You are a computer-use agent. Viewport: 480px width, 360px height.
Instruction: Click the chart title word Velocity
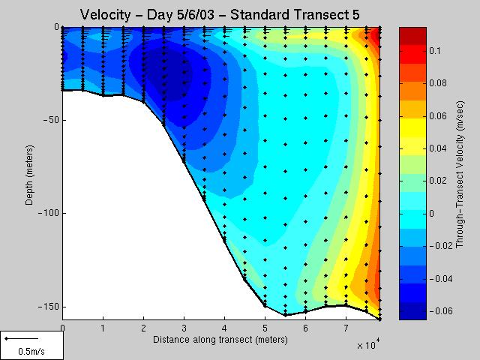105,15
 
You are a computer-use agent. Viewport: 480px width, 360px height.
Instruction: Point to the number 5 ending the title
355,14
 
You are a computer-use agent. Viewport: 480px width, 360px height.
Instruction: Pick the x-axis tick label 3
184,328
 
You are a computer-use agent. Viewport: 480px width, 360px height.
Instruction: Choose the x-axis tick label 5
265,328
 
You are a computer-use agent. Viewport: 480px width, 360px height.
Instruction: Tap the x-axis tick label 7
346,328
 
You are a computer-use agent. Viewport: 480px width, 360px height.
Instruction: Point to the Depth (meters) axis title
29,175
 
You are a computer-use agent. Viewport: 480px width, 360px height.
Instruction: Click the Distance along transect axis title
220,340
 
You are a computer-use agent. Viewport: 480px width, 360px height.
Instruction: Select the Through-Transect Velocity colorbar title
460,174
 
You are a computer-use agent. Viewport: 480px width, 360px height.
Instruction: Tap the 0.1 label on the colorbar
435,50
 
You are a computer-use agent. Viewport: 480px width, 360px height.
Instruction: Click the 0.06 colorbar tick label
438,115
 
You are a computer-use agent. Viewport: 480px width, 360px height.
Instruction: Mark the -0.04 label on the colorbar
441,278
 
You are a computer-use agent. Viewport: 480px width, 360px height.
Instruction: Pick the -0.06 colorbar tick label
441,311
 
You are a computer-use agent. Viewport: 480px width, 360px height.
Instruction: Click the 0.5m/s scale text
31,351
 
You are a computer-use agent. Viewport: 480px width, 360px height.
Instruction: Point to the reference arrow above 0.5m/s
22,338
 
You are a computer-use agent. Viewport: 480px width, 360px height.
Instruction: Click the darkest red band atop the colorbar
412,36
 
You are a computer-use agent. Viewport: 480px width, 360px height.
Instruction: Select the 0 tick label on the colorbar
432,213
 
